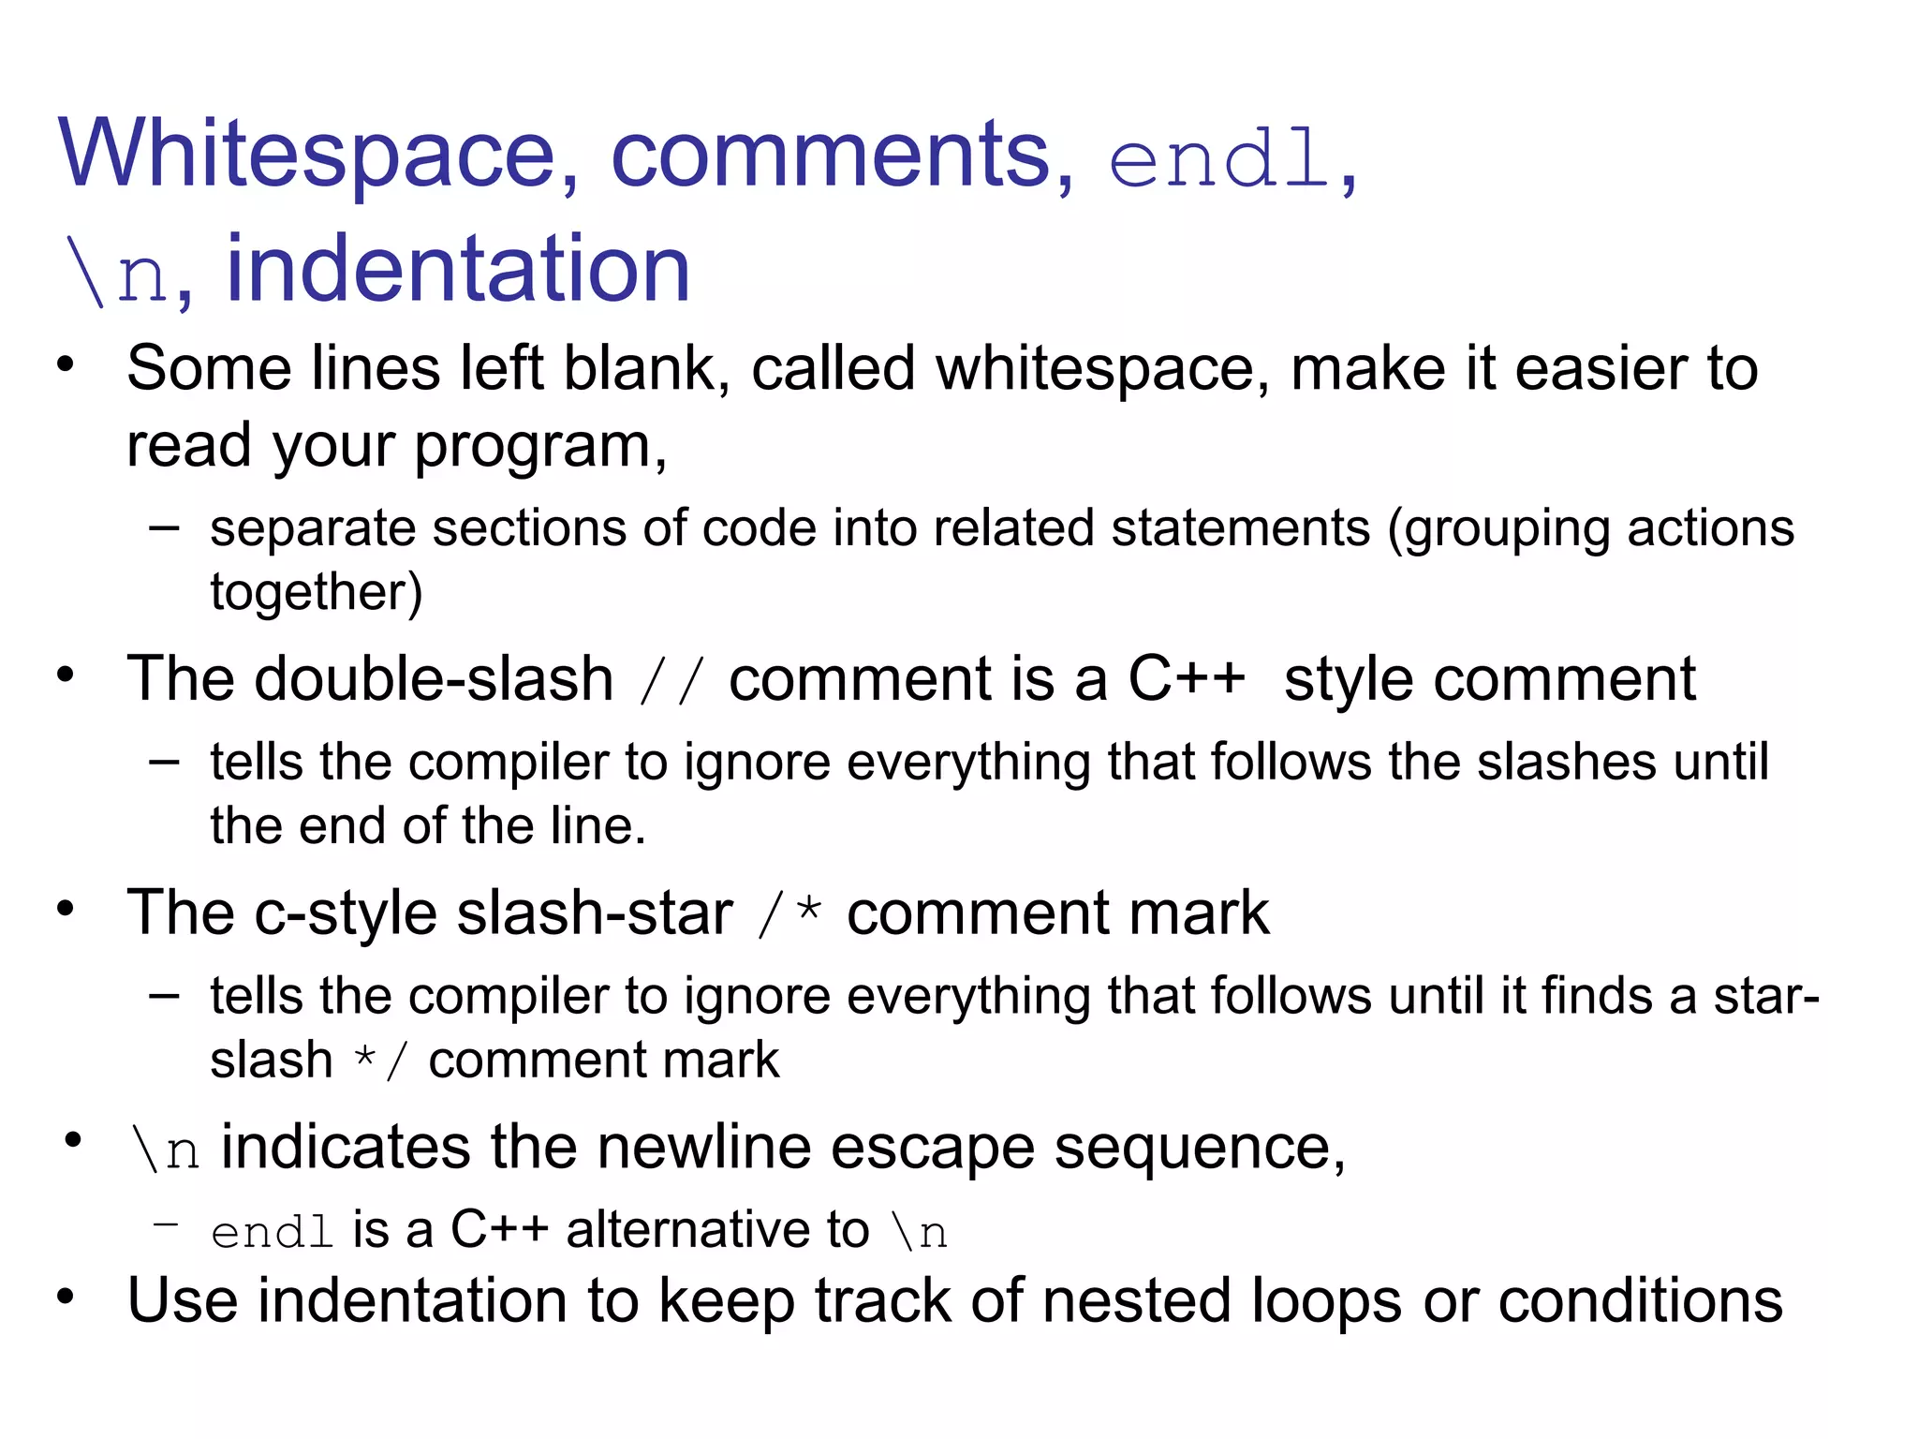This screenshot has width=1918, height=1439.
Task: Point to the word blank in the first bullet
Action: pyautogui.click(x=646, y=368)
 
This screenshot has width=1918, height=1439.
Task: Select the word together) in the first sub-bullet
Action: pyautogui.click(x=317, y=593)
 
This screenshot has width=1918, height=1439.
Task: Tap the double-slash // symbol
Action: pyautogui.click(x=671, y=681)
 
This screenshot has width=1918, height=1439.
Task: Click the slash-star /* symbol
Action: pyautogui.click(x=790, y=914)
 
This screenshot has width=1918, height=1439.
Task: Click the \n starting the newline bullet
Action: pyautogui.click(x=166, y=1150)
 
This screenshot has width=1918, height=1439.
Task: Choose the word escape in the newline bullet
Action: pyautogui.click(x=932, y=1148)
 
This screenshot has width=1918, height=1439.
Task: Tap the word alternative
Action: pyautogui.click(x=717, y=1229)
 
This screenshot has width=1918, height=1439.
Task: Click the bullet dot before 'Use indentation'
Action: pyautogui.click(x=65, y=1298)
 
